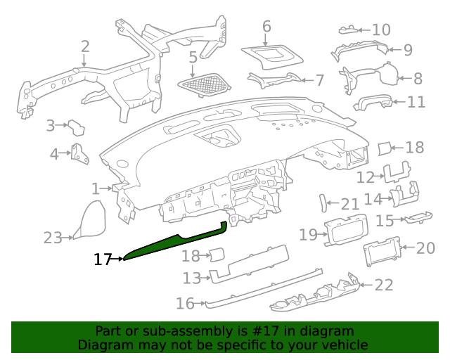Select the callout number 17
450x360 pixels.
point(103,259)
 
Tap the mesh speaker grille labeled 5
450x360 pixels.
point(205,84)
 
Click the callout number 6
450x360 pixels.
point(266,27)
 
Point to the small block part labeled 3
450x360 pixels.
point(77,128)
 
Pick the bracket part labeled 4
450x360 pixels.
point(79,153)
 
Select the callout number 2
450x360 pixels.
point(85,46)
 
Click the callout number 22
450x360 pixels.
point(384,285)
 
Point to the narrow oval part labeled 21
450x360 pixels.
point(323,203)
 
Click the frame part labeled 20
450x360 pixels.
point(382,252)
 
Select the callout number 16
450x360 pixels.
point(185,304)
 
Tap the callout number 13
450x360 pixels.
point(192,278)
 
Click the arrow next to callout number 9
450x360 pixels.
point(394,50)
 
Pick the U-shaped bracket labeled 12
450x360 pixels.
point(397,172)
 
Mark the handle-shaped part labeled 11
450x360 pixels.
point(373,102)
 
